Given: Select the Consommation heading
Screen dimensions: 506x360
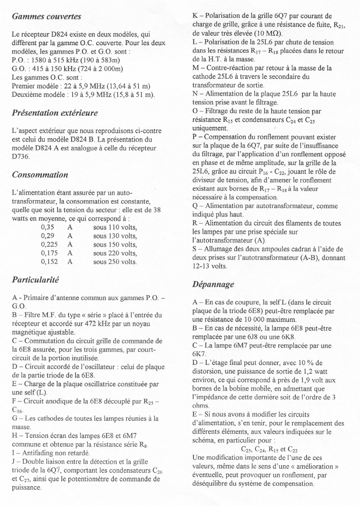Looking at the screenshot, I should click(40, 175).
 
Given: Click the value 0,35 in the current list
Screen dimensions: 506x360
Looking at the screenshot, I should click(48, 228).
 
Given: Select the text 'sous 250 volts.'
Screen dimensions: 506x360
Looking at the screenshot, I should click(115, 261).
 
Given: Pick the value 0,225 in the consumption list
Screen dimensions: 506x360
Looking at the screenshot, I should click(50, 245).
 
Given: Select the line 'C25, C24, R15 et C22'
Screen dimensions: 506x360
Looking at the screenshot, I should click(269, 449).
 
